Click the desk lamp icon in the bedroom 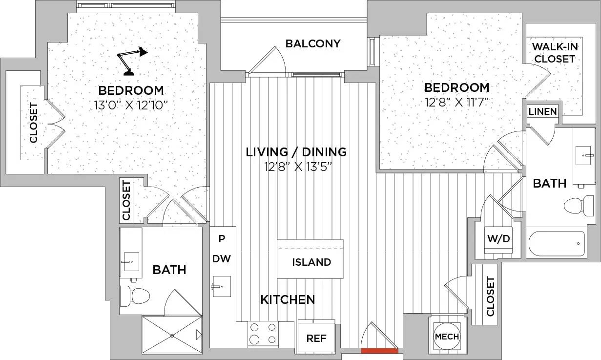[x=131, y=61]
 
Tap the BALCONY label [x=313, y=43]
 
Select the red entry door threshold [x=379, y=350]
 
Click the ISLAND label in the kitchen [x=311, y=262]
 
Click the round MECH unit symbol [x=447, y=337]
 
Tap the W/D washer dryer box [x=498, y=240]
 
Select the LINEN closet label [x=542, y=111]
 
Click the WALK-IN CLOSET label [x=555, y=53]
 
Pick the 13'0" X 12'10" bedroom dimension [x=131, y=106]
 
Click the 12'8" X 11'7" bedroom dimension [x=456, y=102]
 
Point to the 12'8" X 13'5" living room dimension [x=298, y=167]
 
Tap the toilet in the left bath [x=135, y=296]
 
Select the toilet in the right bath [x=579, y=206]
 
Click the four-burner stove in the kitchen [x=263, y=334]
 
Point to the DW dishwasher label [x=222, y=259]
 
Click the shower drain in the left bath [x=172, y=336]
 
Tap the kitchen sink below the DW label [x=222, y=286]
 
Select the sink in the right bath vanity [x=583, y=155]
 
